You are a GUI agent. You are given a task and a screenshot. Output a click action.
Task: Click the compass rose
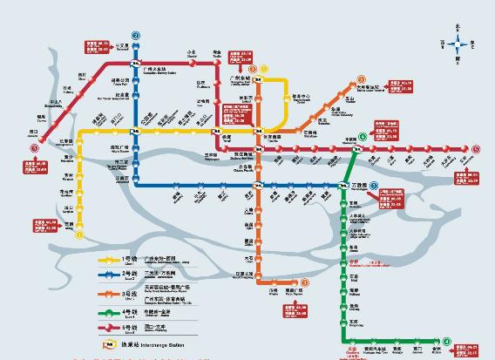coord(462,42)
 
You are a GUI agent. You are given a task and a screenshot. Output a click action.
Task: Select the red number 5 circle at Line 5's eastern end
coord(477,149)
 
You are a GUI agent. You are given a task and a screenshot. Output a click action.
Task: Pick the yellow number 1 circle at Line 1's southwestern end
coord(78,234)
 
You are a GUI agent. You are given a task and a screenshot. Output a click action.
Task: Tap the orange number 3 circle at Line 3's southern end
coord(305,282)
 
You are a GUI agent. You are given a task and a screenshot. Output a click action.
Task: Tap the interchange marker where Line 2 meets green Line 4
coord(342,185)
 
